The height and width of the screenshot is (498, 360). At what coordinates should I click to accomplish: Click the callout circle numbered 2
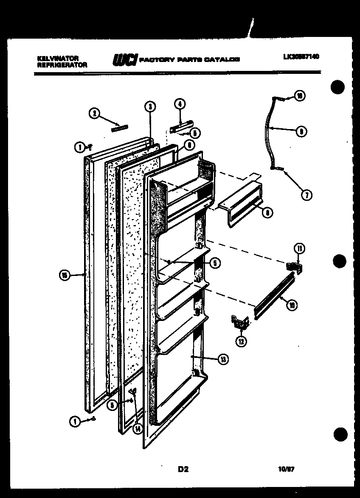[94, 113]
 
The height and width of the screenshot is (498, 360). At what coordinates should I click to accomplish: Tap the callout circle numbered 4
[180, 104]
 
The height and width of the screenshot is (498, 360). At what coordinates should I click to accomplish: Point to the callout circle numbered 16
[299, 96]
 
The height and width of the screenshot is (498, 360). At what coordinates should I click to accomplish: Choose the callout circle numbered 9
[301, 132]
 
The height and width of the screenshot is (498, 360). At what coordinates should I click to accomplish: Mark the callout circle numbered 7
[306, 195]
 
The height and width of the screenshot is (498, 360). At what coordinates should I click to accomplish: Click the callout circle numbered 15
[64, 275]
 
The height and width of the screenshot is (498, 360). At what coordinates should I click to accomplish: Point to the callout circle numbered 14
[137, 428]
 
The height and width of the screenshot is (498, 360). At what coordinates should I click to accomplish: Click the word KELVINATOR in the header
[52, 58]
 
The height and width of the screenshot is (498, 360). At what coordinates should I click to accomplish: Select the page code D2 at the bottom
[183, 469]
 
